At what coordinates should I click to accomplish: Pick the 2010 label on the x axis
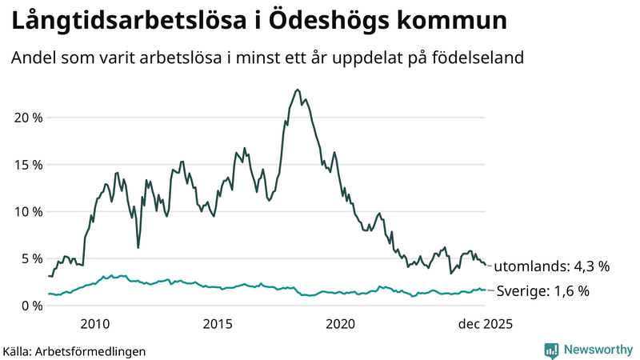[95, 324]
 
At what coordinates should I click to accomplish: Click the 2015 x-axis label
[218, 324]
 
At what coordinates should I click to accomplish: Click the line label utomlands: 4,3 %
[551, 266]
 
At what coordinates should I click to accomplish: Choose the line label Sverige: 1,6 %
[543, 291]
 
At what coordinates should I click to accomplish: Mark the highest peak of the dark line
[298, 90]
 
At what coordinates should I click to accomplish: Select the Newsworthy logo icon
[551, 350]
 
